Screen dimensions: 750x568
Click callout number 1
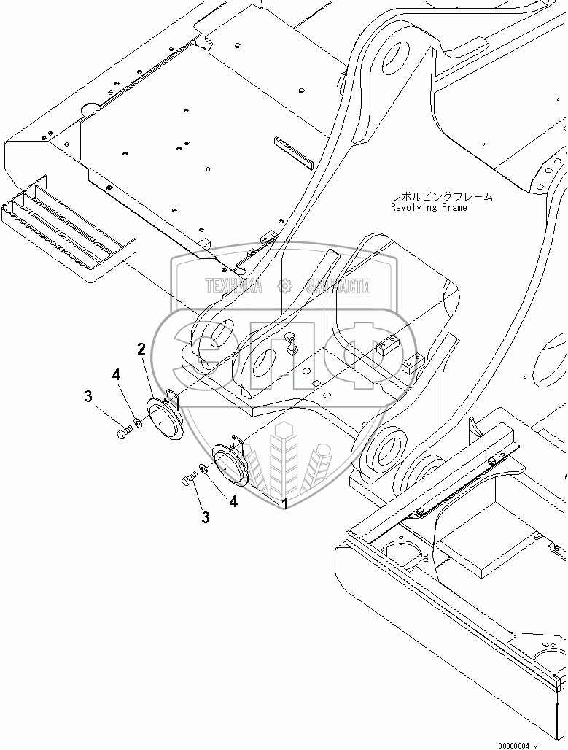click(285, 503)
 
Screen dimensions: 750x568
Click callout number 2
click(142, 349)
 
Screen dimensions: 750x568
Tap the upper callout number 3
click(88, 397)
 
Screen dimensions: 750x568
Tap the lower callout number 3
click(206, 517)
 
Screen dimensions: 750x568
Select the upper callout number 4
click(116, 375)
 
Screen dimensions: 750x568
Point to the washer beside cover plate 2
click(138, 423)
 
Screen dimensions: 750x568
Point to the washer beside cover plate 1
click(203, 471)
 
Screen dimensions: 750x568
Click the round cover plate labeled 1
click(229, 467)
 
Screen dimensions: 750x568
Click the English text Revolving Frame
click(429, 207)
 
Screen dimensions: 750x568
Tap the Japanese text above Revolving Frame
click(442, 196)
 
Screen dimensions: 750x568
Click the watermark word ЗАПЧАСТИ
click(339, 287)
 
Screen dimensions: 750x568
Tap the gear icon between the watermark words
click(286, 287)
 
